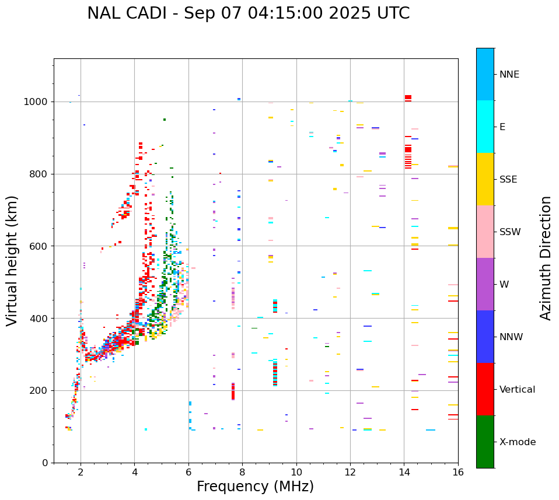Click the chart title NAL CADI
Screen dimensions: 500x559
(x=248, y=13)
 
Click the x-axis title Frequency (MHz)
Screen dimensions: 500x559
(x=255, y=487)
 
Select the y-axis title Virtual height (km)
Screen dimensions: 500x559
(x=12, y=261)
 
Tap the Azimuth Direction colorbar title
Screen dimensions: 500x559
(x=546, y=258)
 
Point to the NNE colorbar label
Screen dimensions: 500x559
(x=509, y=75)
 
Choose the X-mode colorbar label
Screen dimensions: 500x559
(x=517, y=442)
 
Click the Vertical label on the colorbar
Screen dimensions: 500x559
(x=517, y=390)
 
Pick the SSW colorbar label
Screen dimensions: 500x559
(x=510, y=232)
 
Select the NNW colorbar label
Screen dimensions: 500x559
(x=512, y=337)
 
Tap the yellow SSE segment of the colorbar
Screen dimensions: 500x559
(x=485, y=179)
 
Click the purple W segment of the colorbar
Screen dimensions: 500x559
(x=485, y=284)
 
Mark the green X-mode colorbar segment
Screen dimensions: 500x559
(x=485, y=442)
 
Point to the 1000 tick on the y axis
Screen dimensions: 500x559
(x=37, y=102)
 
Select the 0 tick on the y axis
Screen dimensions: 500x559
(x=44, y=463)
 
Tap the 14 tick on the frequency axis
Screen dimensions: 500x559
(x=404, y=472)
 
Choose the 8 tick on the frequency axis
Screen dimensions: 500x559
(x=242, y=472)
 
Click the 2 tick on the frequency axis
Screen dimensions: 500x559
(x=81, y=472)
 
